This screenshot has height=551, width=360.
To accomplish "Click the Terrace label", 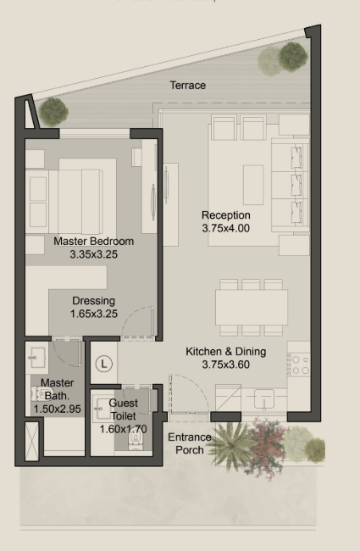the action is click(187, 85).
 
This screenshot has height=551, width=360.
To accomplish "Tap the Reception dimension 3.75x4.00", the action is click(226, 228).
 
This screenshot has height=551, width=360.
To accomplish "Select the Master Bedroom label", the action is click(94, 242).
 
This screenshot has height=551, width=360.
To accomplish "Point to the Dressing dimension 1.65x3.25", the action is click(94, 314).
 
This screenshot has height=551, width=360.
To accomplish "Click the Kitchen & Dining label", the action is click(226, 352).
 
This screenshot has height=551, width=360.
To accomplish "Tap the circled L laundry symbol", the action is click(104, 364).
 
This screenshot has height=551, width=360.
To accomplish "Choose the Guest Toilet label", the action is click(124, 409).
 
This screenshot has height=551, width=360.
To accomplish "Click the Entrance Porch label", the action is click(190, 443).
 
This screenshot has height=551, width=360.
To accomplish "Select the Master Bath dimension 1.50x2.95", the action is click(58, 409).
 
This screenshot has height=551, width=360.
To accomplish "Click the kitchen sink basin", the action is click(263, 399).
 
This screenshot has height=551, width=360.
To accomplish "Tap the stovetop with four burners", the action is click(299, 365).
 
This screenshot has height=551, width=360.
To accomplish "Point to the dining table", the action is click(252, 308).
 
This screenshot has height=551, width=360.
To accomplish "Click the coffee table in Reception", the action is click(253, 185).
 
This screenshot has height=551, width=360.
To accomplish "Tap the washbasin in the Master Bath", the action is click(37, 358).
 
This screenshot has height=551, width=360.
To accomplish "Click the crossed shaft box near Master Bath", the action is click(31, 441).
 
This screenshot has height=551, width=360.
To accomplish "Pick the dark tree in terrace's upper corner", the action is click(293, 57).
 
